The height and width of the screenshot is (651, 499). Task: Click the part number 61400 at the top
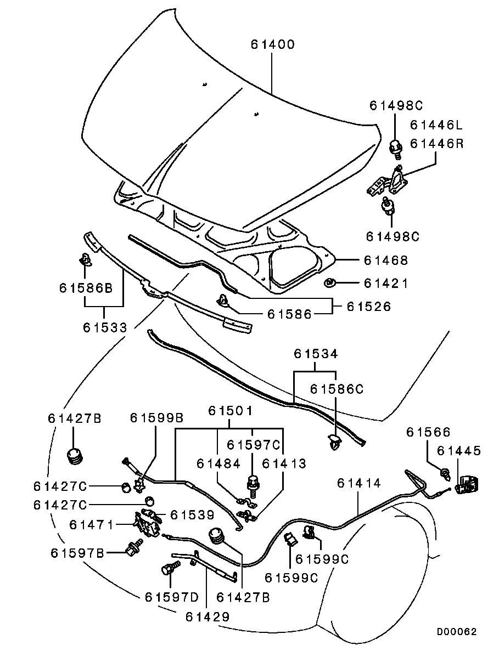273,44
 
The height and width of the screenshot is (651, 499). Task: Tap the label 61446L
436,126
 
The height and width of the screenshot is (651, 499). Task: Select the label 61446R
436,144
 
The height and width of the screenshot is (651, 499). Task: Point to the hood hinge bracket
390,183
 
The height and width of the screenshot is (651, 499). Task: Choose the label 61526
368,307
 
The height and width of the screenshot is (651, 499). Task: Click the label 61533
105,327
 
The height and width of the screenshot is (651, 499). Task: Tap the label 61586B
86,287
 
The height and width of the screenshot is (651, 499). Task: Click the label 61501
230,410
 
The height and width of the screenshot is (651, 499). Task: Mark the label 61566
428,432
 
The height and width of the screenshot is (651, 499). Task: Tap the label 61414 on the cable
358,483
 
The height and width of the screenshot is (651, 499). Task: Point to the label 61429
207,616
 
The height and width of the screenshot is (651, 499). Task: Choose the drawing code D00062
457,631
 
